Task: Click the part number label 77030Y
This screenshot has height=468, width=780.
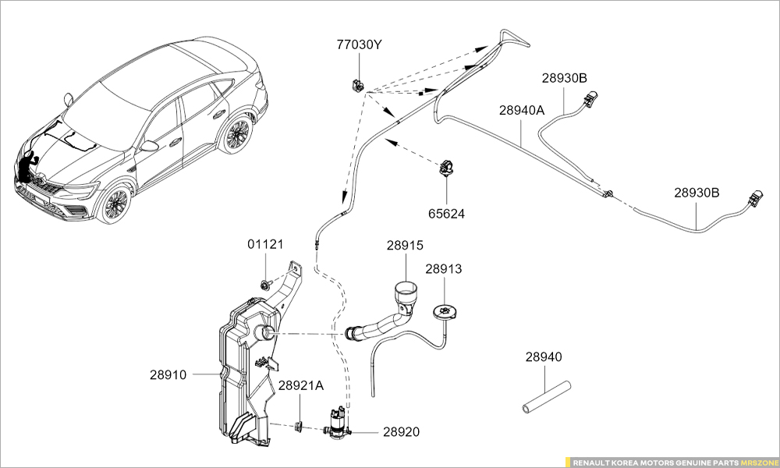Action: (359, 45)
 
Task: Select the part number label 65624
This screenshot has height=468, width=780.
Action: (446, 213)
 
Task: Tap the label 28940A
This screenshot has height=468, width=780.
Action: (522, 111)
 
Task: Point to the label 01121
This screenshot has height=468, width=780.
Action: (266, 245)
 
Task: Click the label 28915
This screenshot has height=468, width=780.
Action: (405, 246)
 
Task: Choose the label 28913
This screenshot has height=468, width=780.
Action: (444, 269)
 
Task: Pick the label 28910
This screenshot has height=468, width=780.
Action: (168, 375)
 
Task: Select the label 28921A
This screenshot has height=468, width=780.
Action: (300, 386)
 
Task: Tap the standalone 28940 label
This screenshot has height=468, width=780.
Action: (543, 357)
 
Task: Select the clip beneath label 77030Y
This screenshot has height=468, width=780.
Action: (356, 83)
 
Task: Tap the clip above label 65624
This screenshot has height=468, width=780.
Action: (448, 167)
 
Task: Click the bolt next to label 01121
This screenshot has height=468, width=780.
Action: (266, 285)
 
